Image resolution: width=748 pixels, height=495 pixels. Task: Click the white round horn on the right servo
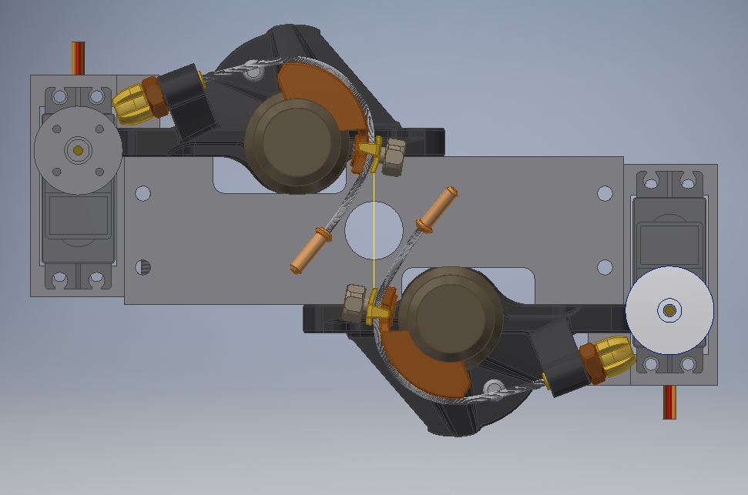[x=669, y=310]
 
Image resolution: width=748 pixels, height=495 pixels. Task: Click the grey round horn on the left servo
[x=77, y=149]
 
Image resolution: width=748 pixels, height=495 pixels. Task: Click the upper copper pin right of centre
[x=437, y=209]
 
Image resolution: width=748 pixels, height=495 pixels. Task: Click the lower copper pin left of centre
[x=310, y=249]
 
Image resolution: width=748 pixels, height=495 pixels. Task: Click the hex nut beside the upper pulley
[x=394, y=156]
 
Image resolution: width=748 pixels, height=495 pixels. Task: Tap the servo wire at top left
[x=78, y=58]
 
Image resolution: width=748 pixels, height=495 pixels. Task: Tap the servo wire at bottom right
[x=669, y=402]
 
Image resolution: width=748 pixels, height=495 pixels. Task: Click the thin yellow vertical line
[x=374, y=231]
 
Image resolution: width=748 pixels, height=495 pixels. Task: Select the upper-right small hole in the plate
[x=605, y=192]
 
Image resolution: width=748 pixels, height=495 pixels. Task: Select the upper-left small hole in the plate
[x=143, y=192]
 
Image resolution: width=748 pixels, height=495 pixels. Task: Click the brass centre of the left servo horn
[x=77, y=149]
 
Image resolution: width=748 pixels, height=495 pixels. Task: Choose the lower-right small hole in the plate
[x=605, y=267]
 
